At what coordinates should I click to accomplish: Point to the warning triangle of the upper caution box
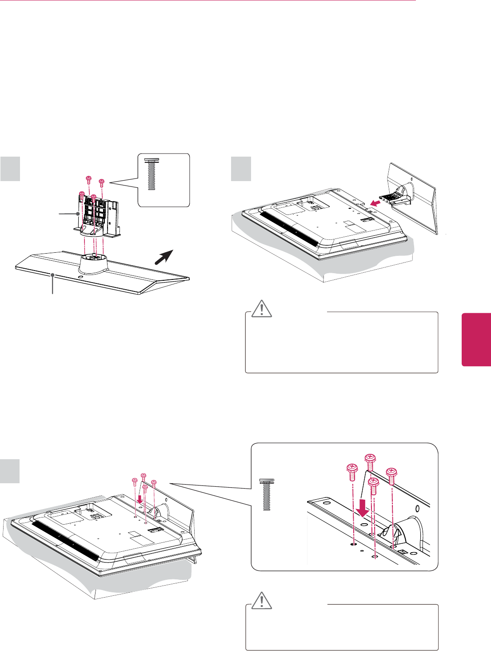click(x=262, y=309)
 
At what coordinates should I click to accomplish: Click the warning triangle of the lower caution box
click(x=262, y=601)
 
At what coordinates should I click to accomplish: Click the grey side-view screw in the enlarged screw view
click(x=267, y=494)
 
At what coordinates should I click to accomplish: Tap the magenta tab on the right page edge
click(x=476, y=340)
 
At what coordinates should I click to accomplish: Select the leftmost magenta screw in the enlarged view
click(x=351, y=473)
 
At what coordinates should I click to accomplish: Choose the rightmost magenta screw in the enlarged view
click(x=391, y=475)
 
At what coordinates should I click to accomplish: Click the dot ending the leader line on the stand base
click(x=53, y=275)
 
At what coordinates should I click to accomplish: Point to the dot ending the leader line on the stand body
click(x=79, y=214)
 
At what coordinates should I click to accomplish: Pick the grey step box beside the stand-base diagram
click(x=10, y=168)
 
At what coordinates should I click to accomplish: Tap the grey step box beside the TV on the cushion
click(x=241, y=169)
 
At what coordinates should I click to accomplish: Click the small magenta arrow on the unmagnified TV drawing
click(x=140, y=499)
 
